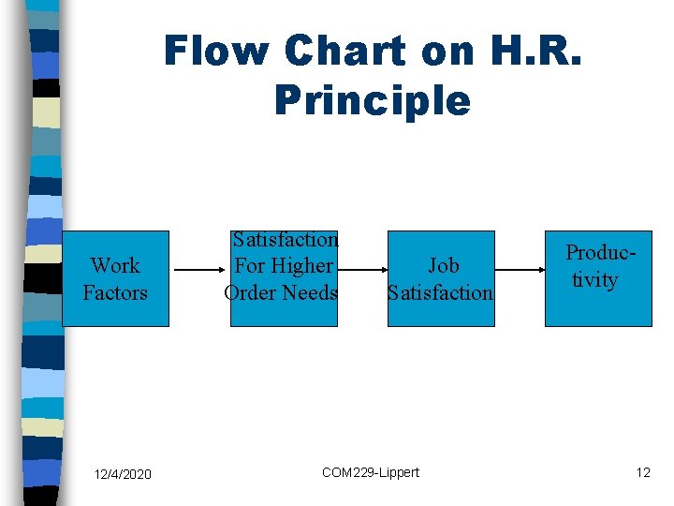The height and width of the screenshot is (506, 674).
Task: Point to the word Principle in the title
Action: point(372,100)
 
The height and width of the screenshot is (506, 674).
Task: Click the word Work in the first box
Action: point(115,266)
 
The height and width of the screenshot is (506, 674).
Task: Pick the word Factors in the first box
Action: point(115,293)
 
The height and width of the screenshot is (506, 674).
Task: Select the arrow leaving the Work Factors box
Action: point(199,273)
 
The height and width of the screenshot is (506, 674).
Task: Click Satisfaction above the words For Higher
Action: point(285,240)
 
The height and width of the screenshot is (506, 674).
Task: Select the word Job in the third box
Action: point(443,266)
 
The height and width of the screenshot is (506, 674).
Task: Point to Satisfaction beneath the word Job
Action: point(440,293)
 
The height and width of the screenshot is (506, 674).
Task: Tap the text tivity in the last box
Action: point(594,280)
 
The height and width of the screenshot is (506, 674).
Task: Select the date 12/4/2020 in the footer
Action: point(122,474)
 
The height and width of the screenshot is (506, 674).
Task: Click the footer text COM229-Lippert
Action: point(371,472)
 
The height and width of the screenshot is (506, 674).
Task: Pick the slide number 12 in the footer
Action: point(643,472)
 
